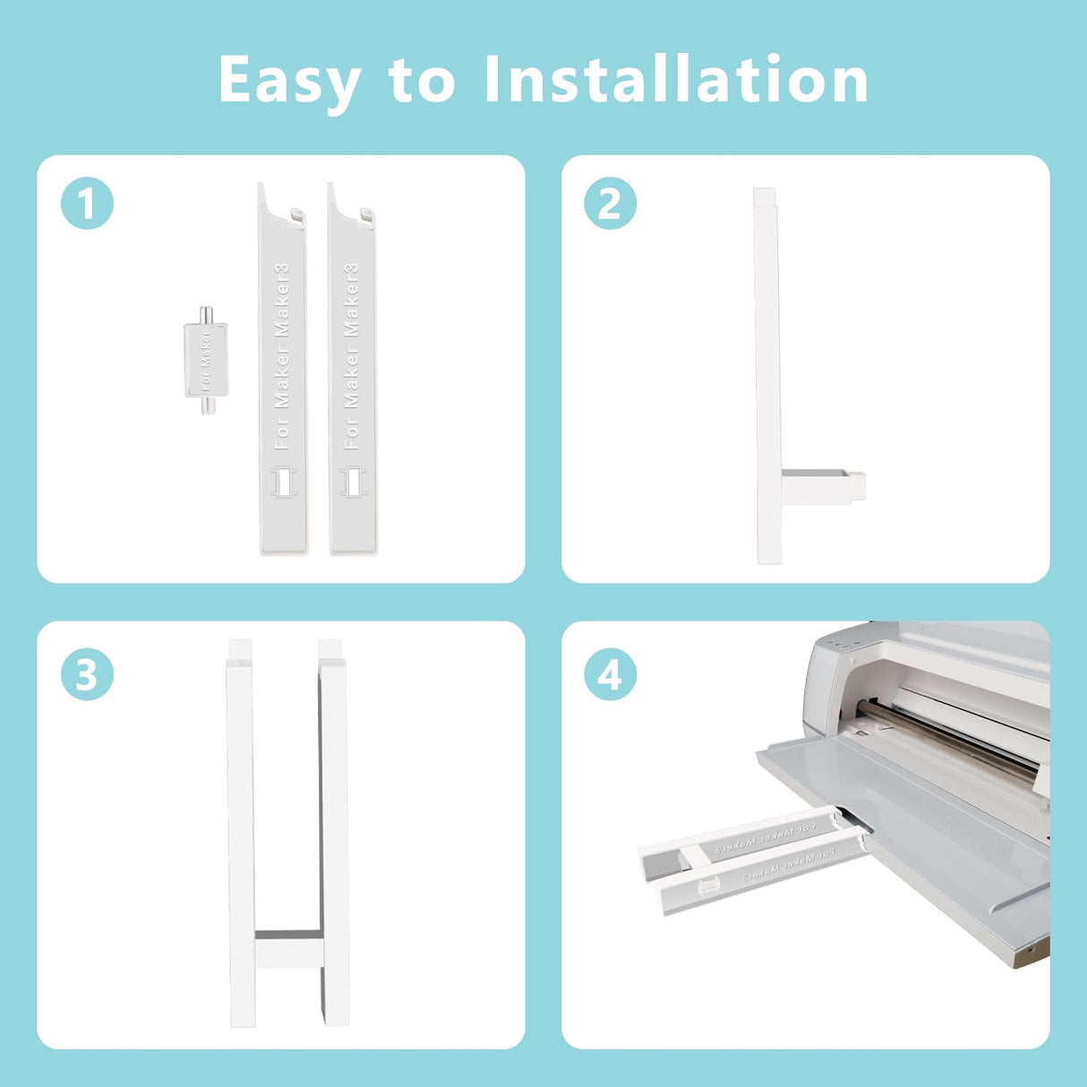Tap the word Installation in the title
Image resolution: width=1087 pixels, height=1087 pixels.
[676, 81]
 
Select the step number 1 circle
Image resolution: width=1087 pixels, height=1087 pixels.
[87, 204]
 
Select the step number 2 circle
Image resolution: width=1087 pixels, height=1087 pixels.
[610, 204]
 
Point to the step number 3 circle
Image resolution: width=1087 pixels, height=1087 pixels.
[87, 674]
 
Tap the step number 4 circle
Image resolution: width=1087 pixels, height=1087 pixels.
[610, 674]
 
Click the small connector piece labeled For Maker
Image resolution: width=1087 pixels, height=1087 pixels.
[206, 360]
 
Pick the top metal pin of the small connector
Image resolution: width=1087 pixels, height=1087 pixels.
[206, 314]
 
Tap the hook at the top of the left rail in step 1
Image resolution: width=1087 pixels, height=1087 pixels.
[296, 215]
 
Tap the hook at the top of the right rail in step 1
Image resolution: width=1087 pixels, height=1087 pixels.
[366, 215]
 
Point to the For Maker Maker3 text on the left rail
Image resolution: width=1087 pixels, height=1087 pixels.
[282, 356]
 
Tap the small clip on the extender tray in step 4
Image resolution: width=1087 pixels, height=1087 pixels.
[708, 886]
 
